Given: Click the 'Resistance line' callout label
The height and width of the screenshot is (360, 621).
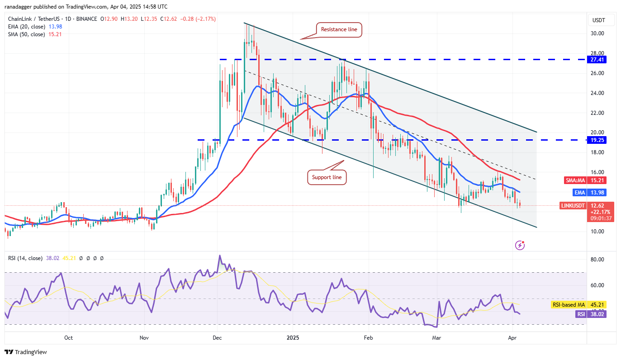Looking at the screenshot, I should click(x=339, y=30).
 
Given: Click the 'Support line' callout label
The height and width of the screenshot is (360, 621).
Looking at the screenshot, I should click(x=327, y=177).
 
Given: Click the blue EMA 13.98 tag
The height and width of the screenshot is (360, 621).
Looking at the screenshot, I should click(x=591, y=193).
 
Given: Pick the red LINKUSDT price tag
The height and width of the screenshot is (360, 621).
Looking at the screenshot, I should click(x=585, y=205).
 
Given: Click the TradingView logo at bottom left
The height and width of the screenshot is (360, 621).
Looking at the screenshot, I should click(x=26, y=352).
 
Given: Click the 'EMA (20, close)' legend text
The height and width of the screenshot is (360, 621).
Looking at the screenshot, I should click(x=26, y=27).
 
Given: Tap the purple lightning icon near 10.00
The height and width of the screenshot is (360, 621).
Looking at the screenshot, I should click(x=520, y=245).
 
